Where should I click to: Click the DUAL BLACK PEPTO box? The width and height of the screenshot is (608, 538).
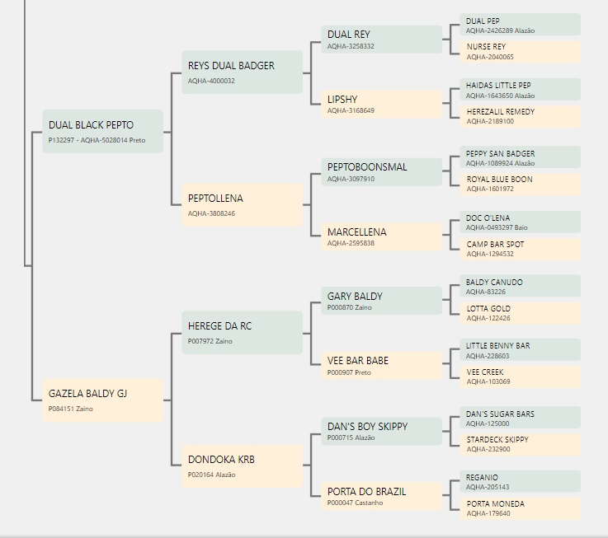[x=103, y=131]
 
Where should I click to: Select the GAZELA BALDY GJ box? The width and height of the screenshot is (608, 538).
[x=103, y=400]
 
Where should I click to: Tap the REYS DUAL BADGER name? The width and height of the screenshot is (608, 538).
[x=231, y=66]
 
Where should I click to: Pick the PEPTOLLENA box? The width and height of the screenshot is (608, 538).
[x=242, y=204]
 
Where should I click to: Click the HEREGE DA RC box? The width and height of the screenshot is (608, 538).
[x=242, y=332]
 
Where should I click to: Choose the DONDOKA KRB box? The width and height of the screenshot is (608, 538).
[x=242, y=466]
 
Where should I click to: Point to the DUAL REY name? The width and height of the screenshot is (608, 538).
[x=349, y=35]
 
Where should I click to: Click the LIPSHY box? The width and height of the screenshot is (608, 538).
[x=382, y=104]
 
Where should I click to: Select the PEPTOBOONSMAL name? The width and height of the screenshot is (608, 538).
[x=367, y=167]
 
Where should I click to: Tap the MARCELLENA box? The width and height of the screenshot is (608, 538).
[x=382, y=236]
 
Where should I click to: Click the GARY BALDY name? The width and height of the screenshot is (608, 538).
[x=355, y=297]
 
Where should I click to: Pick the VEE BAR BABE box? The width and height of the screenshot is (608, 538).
[x=382, y=366]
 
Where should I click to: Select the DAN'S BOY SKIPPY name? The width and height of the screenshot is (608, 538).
[x=368, y=427]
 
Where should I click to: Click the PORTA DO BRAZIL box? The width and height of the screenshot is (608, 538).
[x=382, y=496]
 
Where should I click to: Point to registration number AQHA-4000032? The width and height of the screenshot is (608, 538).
[x=211, y=81]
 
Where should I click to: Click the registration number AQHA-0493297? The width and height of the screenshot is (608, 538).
[x=489, y=227]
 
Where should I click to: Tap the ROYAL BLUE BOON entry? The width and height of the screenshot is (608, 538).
[x=521, y=184]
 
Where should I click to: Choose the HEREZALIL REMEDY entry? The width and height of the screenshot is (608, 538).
[x=521, y=116]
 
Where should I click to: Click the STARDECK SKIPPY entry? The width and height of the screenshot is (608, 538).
[x=521, y=444]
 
